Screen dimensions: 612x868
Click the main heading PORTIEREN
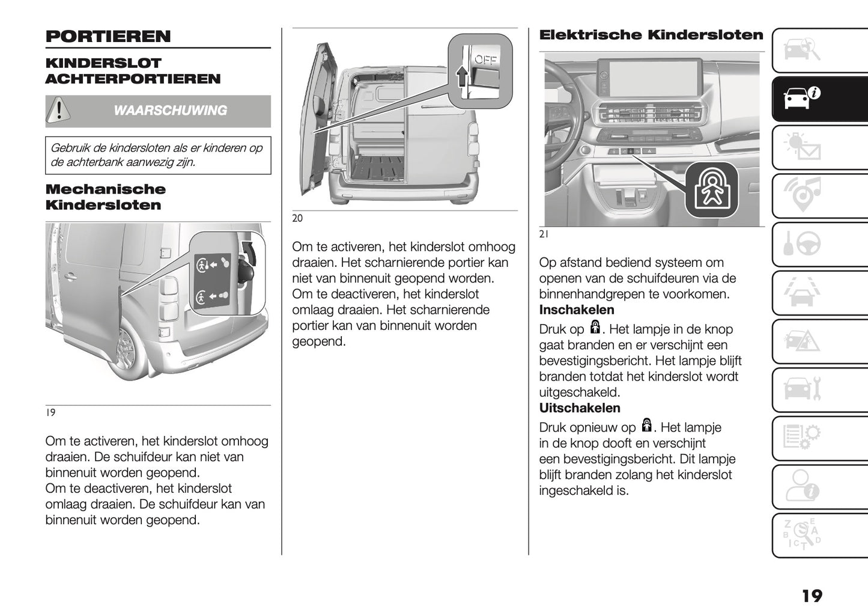[x=108, y=36]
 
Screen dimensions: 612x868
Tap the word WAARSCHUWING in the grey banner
[x=170, y=111]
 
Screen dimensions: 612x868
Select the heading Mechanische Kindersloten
[x=105, y=197]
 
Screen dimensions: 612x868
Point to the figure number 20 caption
[x=297, y=219]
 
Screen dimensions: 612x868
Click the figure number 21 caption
[x=544, y=235]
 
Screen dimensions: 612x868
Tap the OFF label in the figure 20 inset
[x=485, y=60]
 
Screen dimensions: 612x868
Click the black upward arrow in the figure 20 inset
[x=461, y=77]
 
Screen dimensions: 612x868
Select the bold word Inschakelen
[x=577, y=310]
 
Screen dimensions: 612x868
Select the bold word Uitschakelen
[x=580, y=408]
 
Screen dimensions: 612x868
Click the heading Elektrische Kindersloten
[x=651, y=35]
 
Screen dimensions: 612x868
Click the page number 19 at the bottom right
[x=812, y=596]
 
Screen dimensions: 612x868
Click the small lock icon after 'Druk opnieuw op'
[x=646, y=426]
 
